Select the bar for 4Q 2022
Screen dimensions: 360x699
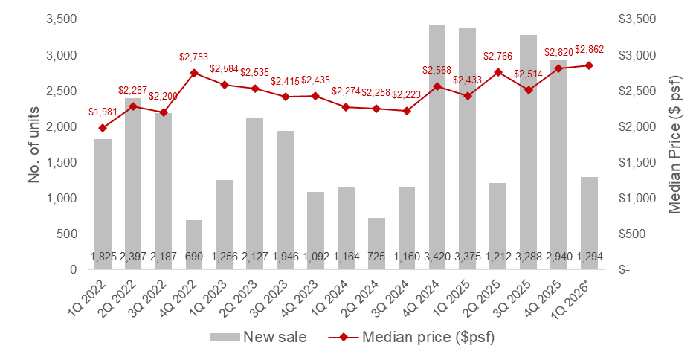193,245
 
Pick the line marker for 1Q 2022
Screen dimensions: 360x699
102,128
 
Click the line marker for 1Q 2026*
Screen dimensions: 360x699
590,65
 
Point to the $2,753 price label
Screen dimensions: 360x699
193,57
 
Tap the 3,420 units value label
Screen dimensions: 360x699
437,257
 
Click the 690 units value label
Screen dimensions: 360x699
193,257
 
